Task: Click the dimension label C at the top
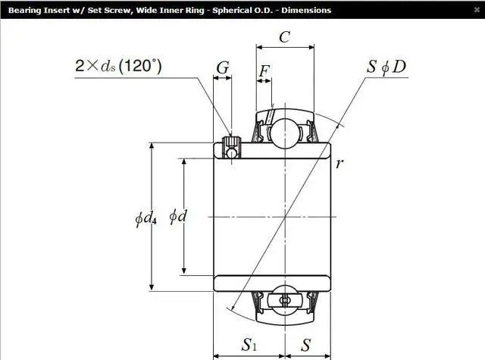pos(284,37)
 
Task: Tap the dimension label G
pos(223,67)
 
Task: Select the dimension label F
pos(264,71)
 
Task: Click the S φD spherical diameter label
pos(386,67)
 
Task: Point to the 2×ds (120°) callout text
pos(118,66)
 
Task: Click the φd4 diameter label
pos(145,218)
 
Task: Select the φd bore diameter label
pos(178,216)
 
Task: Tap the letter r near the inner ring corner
pos(339,163)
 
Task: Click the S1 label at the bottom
pos(249,345)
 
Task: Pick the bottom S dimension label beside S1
pos(305,345)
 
